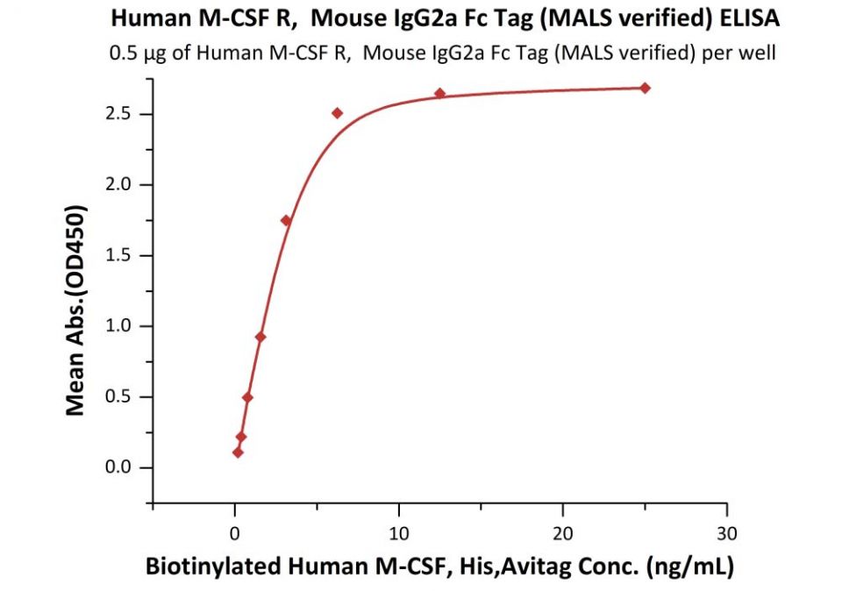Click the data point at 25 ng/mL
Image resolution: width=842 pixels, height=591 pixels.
point(645,88)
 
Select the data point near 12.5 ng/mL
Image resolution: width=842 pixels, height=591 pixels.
point(439,93)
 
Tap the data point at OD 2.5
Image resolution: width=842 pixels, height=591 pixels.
point(337,113)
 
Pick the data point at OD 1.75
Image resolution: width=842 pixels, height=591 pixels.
point(286,220)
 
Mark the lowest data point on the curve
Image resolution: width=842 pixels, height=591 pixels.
point(238,452)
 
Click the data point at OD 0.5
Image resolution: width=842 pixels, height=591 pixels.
point(247,397)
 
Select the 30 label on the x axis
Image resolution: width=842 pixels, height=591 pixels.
point(726,532)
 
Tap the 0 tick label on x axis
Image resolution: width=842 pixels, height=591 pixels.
point(234,532)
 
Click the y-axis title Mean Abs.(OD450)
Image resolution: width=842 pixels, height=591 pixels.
point(77,310)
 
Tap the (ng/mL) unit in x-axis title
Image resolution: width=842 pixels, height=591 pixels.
point(688,566)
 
